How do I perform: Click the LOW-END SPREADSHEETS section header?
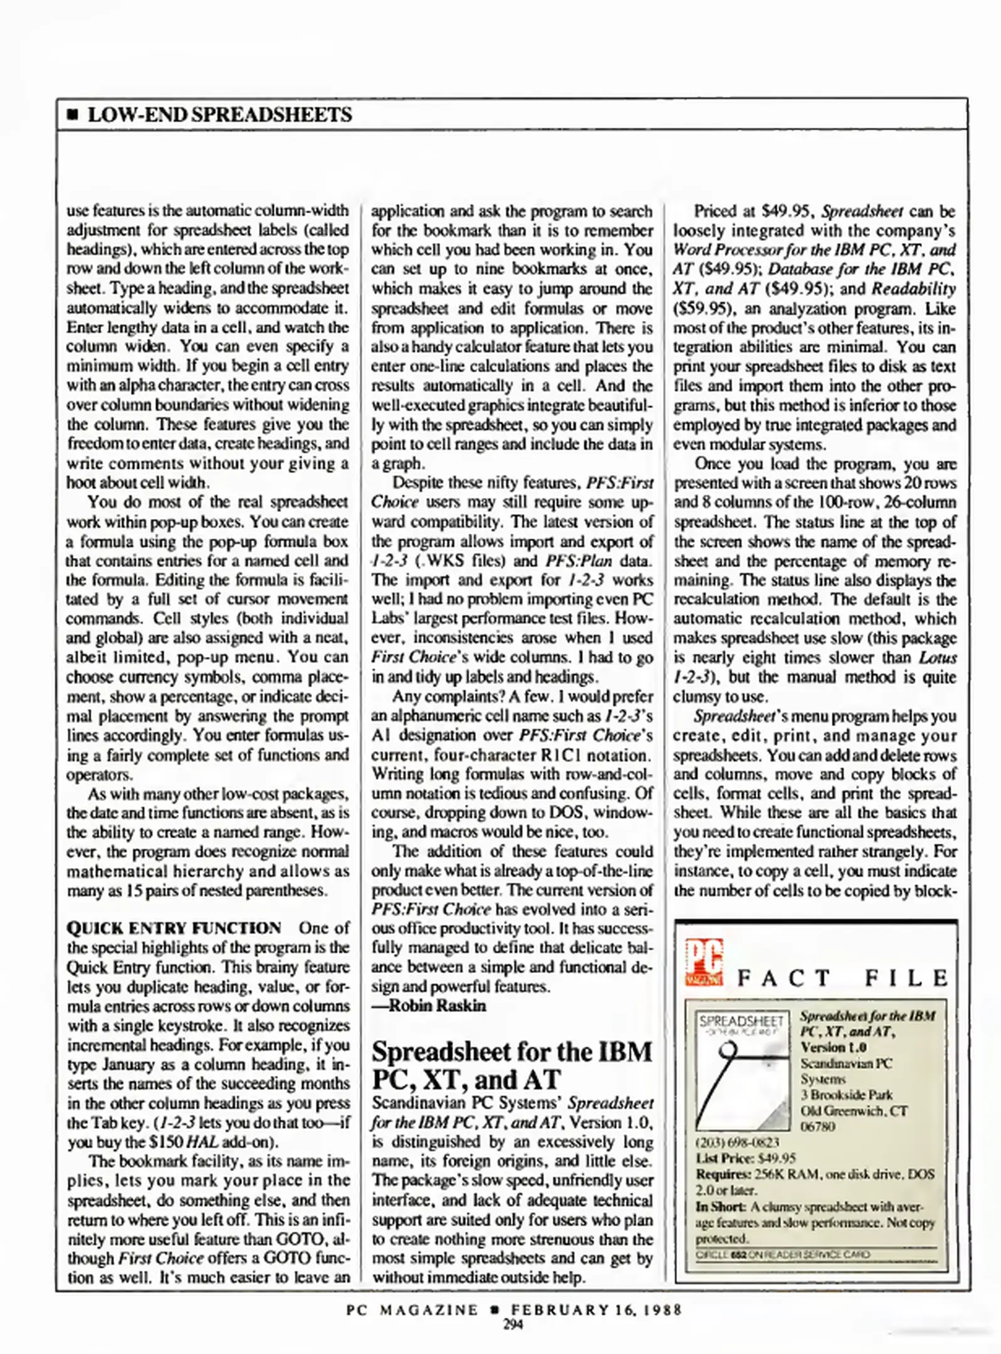(x=219, y=115)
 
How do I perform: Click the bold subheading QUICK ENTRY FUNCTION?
(x=174, y=928)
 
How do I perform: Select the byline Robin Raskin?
(x=437, y=1005)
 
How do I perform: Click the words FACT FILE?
(x=842, y=978)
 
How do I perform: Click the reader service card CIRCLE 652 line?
(x=783, y=1254)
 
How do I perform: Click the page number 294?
(x=513, y=1324)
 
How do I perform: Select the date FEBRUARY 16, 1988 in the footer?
(x=595, y=1309)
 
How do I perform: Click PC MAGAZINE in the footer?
(x=412, y=1309)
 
